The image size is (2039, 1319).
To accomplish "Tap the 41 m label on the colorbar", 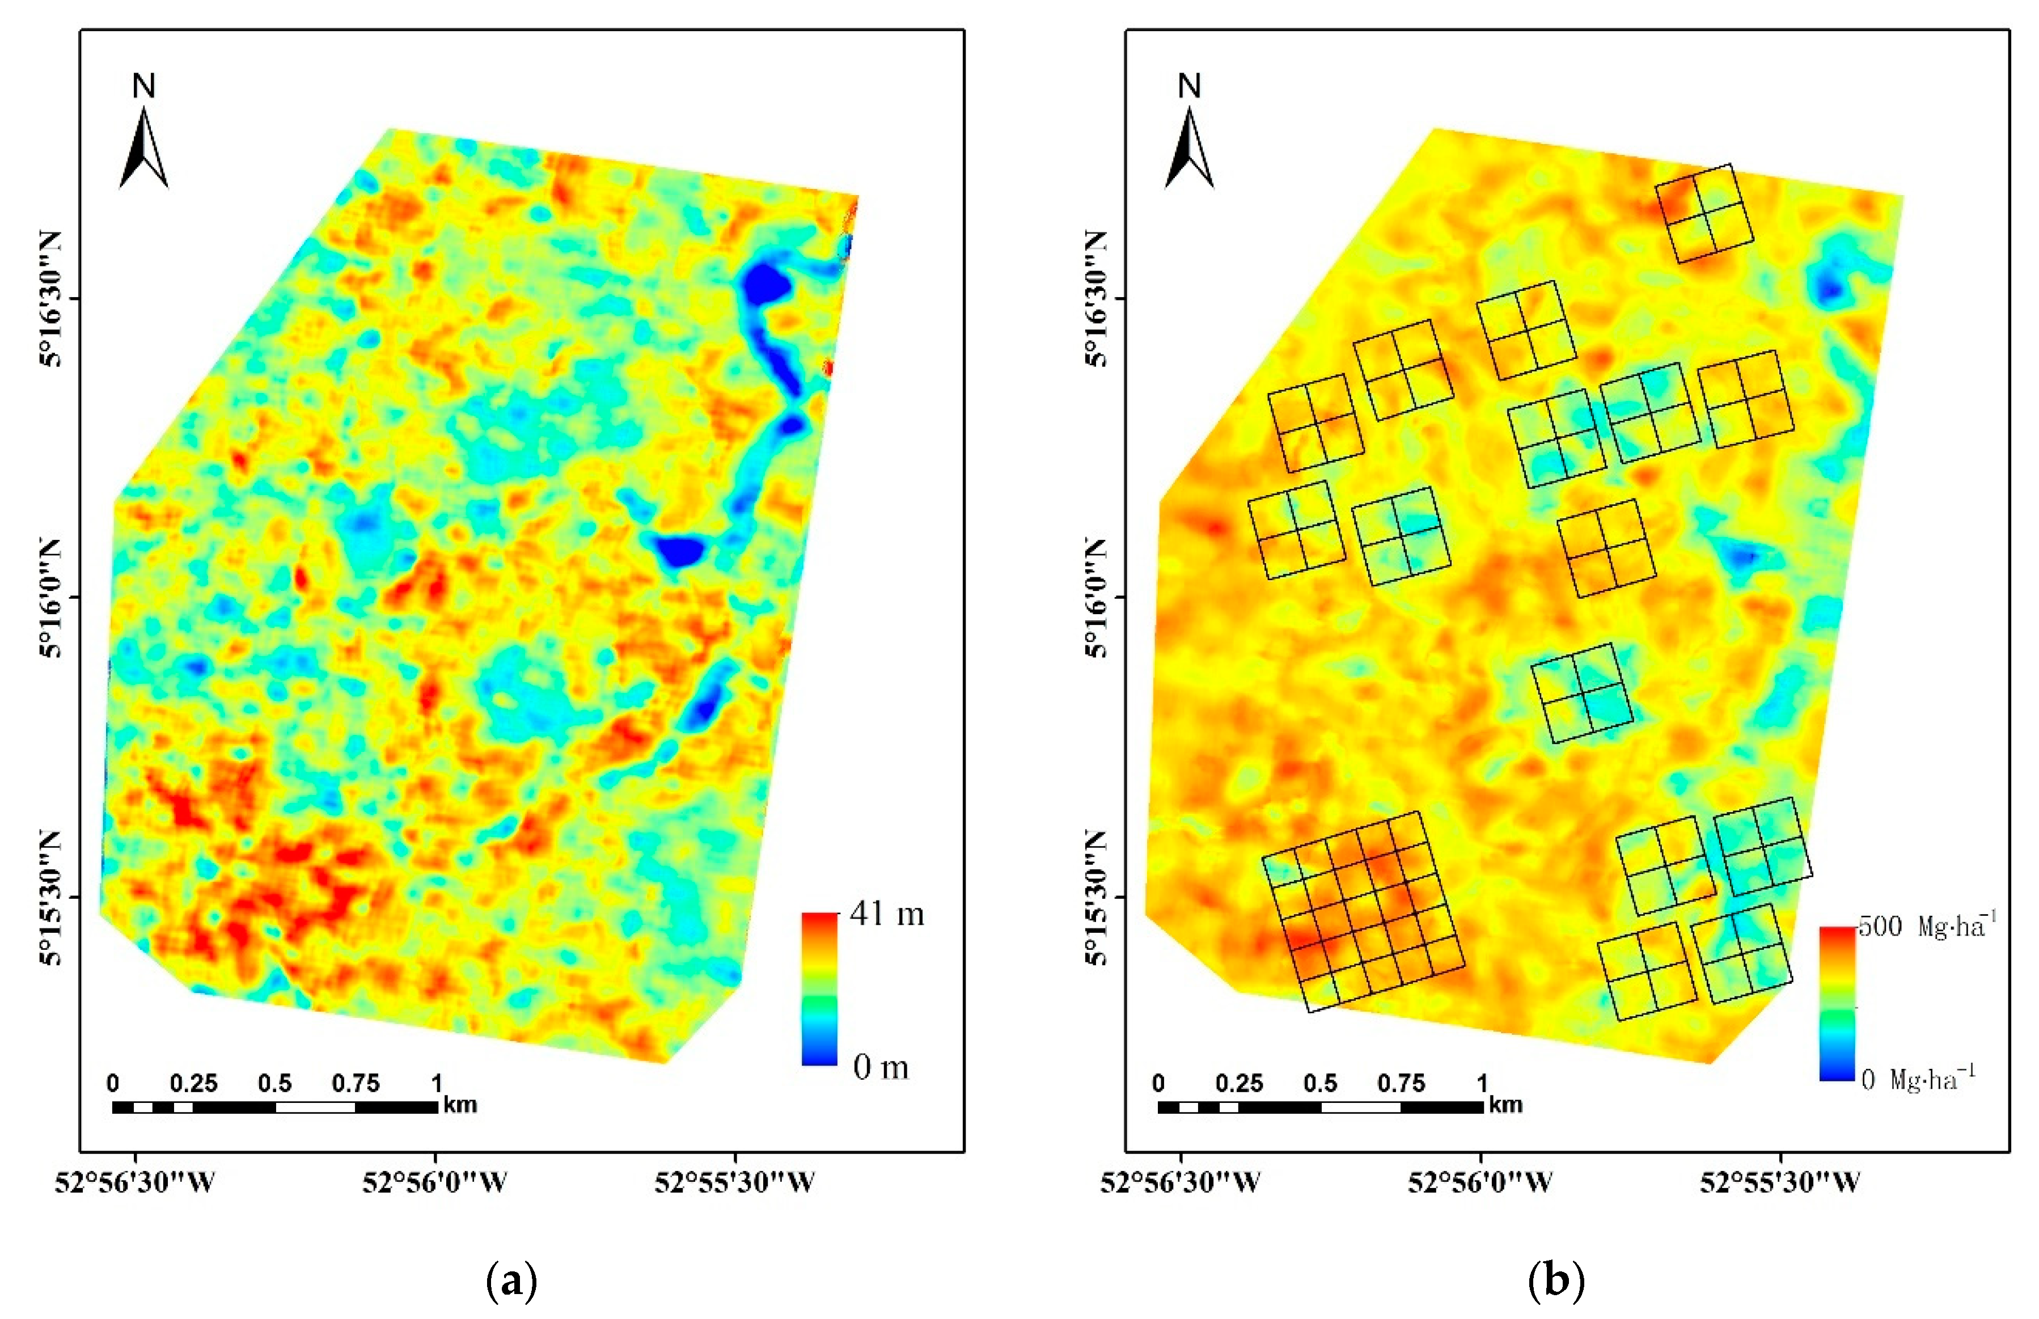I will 886,915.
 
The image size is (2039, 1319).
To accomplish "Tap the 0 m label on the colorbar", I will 881,1067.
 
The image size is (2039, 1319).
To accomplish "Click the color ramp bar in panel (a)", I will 819,989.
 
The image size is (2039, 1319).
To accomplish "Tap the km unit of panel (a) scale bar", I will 460,1105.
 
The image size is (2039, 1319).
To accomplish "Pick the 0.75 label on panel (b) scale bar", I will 1401,1084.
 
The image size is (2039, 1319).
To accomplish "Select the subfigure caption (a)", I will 511,1282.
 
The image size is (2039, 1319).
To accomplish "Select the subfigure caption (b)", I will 1556,1282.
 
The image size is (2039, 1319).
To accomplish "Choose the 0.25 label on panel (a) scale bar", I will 193,1084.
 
